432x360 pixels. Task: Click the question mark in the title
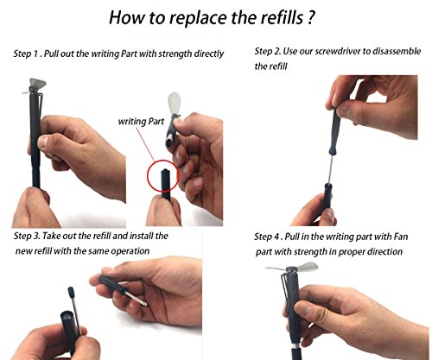(309, 17)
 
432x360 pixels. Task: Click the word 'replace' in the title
(199, 18)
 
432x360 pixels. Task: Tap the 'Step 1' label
(26, 54)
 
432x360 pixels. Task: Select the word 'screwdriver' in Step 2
(338, 51)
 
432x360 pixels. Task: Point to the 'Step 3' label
(27, 236)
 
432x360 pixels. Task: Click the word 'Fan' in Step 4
(401, 237)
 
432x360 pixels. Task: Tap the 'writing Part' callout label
(141, 122)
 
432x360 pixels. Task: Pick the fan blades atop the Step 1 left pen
(35, 85)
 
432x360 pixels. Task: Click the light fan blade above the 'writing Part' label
(174, 103)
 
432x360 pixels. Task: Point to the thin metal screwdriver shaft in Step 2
(331, 169)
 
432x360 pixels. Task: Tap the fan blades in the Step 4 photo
(291, 268)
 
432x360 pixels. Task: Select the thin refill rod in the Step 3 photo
(76, 313)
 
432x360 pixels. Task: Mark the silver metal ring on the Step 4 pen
(294, 345)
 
